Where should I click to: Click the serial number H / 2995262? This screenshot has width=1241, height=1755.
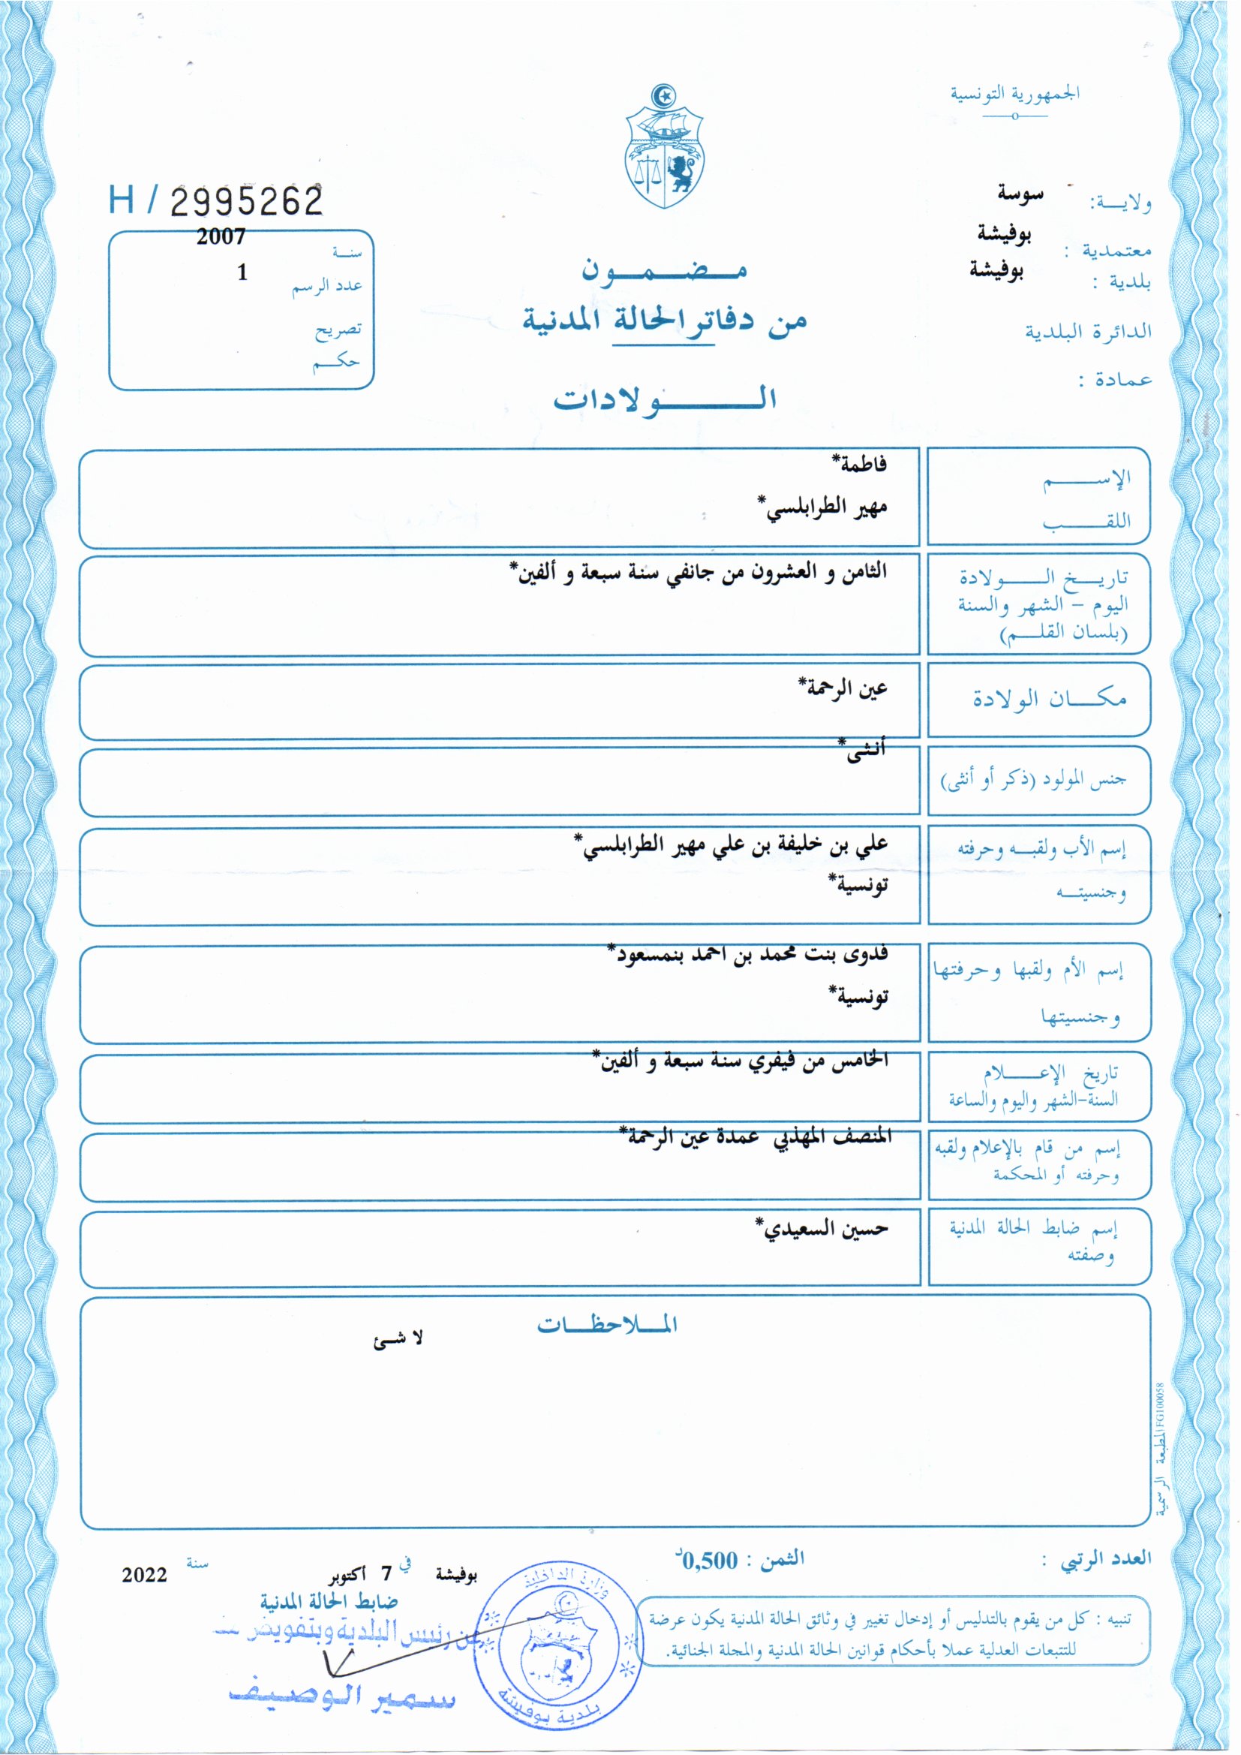216,201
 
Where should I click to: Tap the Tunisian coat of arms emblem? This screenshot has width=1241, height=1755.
664,148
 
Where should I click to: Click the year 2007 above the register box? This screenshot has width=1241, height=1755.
221,237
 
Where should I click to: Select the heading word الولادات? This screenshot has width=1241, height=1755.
665,400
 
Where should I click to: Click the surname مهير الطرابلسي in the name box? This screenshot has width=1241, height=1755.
824,507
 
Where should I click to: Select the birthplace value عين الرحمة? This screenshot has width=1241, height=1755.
843,687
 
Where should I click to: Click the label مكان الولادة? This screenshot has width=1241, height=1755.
1049,699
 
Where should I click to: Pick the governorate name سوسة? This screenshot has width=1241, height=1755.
1020,194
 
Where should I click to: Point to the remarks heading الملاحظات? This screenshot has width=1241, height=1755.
607,1325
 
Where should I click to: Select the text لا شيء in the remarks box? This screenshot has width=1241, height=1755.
398,1339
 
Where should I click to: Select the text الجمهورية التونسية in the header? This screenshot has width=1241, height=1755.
1014,94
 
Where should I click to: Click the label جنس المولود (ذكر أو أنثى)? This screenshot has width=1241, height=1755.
1033,781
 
